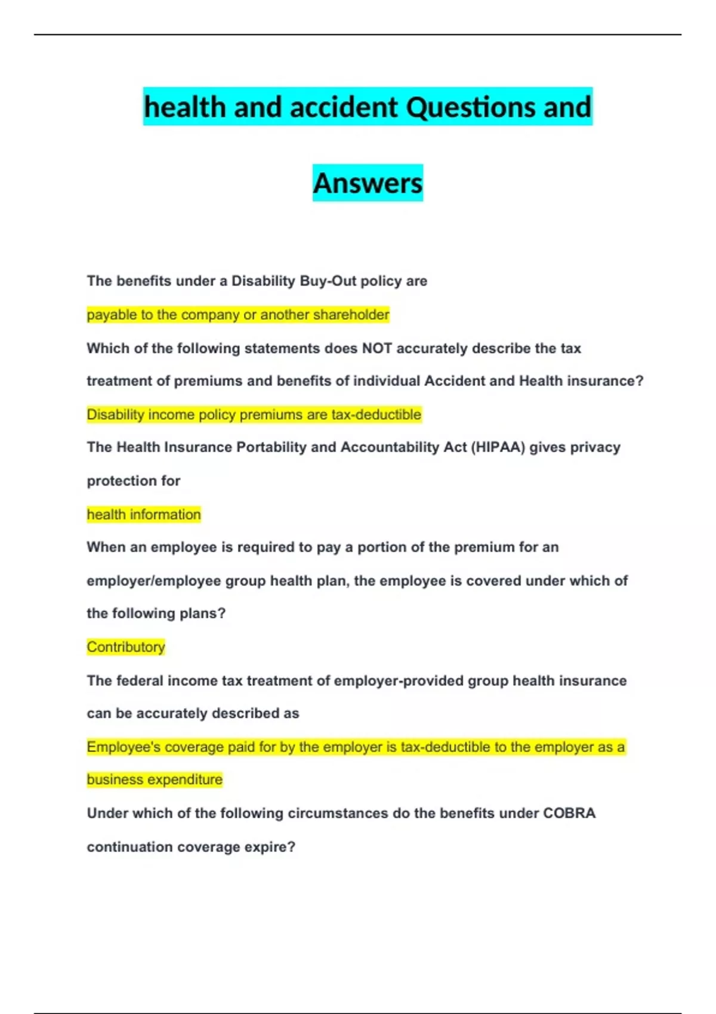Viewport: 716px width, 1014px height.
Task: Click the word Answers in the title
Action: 368,183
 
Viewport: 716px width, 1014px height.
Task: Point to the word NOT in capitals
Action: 376,348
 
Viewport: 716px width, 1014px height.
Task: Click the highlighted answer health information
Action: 144,514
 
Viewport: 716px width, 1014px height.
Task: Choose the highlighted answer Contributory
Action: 126,647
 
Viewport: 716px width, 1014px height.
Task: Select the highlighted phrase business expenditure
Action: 155,780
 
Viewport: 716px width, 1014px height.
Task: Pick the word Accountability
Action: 391,447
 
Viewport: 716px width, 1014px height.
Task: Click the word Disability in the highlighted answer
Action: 115,415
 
